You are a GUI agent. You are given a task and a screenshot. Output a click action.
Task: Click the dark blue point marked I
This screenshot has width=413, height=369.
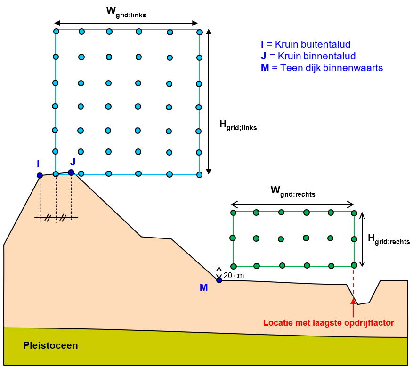click(x=40, y=175)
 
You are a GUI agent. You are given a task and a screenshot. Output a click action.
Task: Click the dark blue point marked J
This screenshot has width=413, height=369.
click(x=71, y=172)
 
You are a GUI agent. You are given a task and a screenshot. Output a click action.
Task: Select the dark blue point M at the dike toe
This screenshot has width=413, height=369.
click(x=219, y=280)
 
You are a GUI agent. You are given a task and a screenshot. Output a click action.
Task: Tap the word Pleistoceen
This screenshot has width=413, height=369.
click(x=50, y=345)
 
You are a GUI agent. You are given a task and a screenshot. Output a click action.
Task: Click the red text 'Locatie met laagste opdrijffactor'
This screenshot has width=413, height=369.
click(x=328, y=323)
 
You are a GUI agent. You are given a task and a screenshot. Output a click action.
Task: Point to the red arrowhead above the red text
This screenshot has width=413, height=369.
click(x=353, y=301)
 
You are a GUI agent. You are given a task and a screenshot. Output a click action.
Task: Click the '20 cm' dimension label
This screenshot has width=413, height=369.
click(x=234, y=275)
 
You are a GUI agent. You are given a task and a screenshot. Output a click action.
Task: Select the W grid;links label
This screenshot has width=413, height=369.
click(x=126, y=13)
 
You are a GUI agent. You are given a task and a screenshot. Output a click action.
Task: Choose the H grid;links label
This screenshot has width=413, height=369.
click(x=238, y=124)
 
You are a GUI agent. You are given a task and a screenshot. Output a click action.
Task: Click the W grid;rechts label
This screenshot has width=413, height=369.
click(x=292, y=191)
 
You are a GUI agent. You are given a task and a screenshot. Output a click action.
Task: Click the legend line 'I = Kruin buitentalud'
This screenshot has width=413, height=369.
click(x=306, y=45)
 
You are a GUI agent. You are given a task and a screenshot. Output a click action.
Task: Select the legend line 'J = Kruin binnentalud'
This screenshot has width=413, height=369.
click(x=308, y=57)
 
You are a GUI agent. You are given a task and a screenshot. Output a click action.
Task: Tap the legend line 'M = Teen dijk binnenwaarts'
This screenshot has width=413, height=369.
click(x=322, y=68)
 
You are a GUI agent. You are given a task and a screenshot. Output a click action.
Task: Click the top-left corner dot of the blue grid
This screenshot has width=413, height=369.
click(x=56, y=31)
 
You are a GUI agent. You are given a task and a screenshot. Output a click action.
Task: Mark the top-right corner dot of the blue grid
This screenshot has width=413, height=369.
click(x=200, y=32)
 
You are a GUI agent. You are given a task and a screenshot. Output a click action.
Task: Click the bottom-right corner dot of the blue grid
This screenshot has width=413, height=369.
click(x=199, y=175)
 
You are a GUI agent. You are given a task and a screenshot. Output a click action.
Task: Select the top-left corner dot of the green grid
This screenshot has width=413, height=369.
click(x=233, y=213)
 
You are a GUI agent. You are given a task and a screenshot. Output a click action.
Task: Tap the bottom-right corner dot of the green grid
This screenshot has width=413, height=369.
click(x=354, y=265)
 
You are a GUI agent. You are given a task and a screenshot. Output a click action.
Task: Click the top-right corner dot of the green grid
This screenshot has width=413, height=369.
click(x=354, y=213)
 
